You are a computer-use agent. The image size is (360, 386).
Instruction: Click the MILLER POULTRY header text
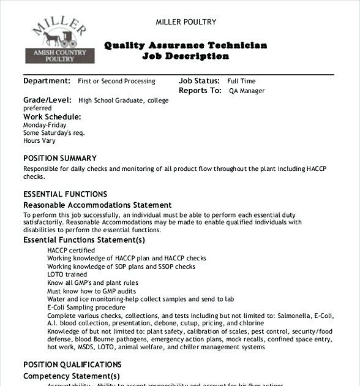click(x=186, y=22)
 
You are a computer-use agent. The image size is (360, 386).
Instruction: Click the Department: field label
click(x=47, y=81)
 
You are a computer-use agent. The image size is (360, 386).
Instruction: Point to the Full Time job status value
click(x=241, y=81)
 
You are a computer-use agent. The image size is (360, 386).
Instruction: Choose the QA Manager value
click(x=247, y=91)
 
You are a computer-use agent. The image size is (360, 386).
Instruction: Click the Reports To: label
click(x=200, y=91)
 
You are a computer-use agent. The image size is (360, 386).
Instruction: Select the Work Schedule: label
click(x=52, y=116)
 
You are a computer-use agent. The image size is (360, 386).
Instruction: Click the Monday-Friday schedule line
click(x=45, y=125)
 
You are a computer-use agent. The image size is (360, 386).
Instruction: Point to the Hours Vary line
click(x=40, y=140)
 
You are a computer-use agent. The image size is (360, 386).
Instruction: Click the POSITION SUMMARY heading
click(x=60, y=158)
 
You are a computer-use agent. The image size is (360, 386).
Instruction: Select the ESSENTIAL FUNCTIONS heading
click(x=65, y=194)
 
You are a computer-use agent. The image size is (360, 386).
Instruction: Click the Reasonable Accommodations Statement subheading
click(x=97, y=205)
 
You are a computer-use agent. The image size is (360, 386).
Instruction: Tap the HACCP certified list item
click(x=71, y=250)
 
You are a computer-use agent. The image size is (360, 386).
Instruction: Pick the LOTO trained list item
click(x=67, y=274)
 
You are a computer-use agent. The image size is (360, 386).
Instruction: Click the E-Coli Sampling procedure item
click(x=86, y=307)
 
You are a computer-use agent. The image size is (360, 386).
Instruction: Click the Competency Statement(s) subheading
click(x=72, y=376)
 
